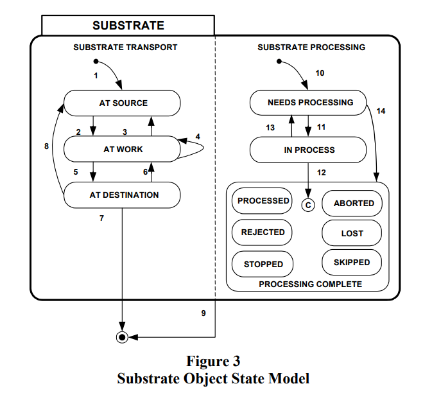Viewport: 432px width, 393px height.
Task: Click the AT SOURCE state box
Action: tap(122, 103)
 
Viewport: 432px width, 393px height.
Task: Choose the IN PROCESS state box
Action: tap(309, 150)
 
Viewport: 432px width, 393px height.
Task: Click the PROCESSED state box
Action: tap(263, 201)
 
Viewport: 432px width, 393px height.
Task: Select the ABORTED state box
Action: tap(353, 203)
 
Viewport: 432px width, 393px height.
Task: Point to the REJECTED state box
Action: tap(262, 232)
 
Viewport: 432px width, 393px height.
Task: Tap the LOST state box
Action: tap(352, 234)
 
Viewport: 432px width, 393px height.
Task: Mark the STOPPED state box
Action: tap(263, 264)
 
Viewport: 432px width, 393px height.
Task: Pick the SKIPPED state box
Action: tap(351, 263)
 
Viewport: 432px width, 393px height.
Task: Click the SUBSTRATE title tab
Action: tap(128, 26)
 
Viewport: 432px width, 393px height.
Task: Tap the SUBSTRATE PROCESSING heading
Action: tap(311, 48)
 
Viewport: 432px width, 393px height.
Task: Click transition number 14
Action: tap(381, 111)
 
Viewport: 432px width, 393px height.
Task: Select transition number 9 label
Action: tap(203, 313)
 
